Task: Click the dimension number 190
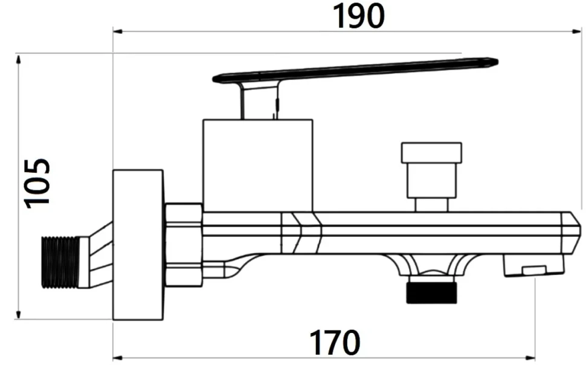coord(358,16)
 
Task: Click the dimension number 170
coord(335,343)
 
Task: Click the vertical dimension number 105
coord(37,183)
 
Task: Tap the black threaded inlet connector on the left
coord(59,262)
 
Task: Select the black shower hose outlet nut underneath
coord(432,292)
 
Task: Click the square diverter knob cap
coord(431,152)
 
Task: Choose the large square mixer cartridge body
coord(257,166)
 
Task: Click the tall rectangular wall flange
coord(138,245)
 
